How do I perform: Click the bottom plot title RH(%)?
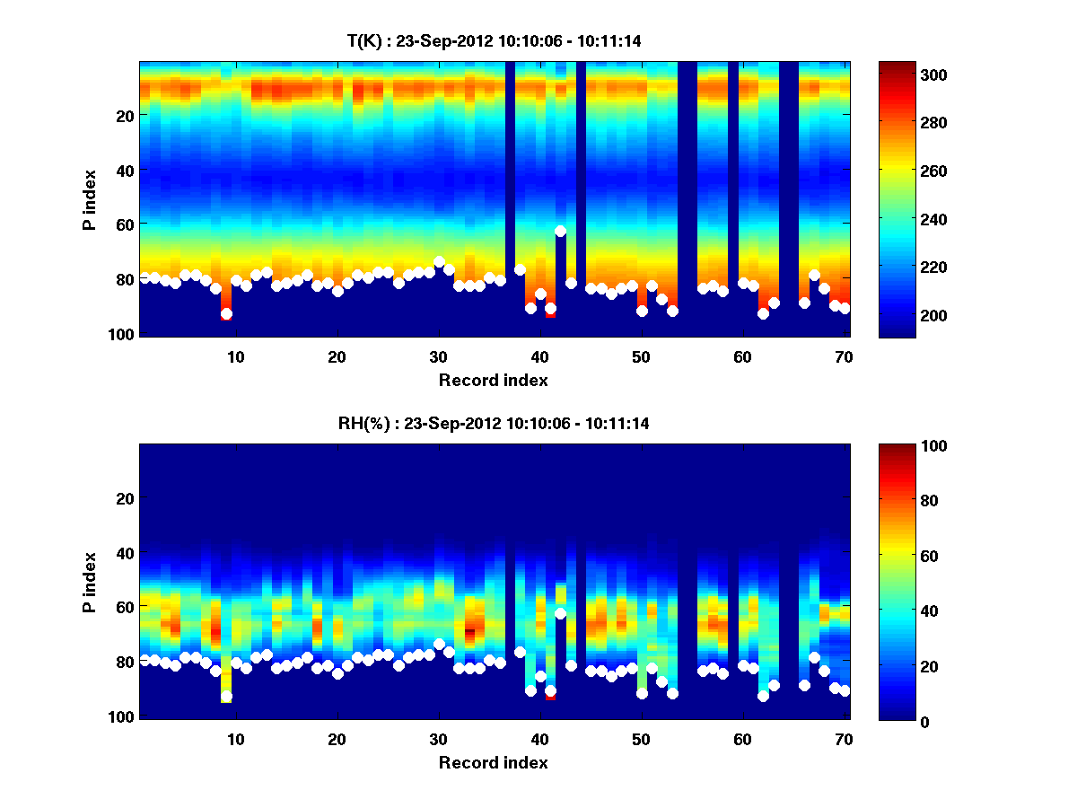[487, 423]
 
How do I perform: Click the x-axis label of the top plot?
[493, 380]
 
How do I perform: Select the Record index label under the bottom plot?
[493, 762]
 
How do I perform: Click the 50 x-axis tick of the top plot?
[641, 356]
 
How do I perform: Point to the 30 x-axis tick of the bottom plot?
[438, 739]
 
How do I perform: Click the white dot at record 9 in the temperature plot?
[226, 314]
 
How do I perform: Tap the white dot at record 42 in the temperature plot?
[561, 232]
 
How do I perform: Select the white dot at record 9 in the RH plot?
[226, 697]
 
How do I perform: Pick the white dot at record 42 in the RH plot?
[561, 614]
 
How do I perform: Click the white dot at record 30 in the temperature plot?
[439, 262]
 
